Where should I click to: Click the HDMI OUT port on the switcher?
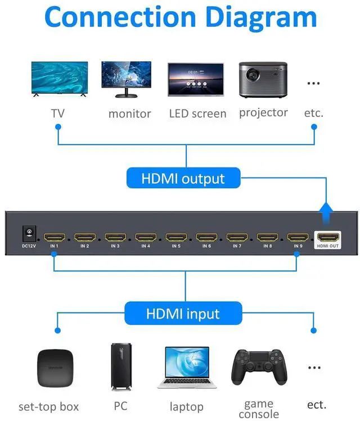pyautogui.click(x=328, y=237)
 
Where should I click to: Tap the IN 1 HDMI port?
pyautogui.click(x=55, y=237)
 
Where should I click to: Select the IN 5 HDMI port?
pyautogui.click(x=176, y=237)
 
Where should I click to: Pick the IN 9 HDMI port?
pyautogui.click(x=298, y=237)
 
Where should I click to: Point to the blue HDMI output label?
pyautogui.click(x=183, y=179)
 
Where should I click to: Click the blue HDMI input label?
pyautogui.click(x=183, y=313)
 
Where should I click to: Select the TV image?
pyautogui.click(x=58, y=79)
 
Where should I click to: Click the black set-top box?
pyautogui.click(x=56, y=368)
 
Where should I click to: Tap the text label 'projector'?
pyautogui.click(x=263, y=112)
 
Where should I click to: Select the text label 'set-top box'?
pyautogui.click(x=48, y=406)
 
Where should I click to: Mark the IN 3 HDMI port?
pyautogui.click(x=115, y=237)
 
